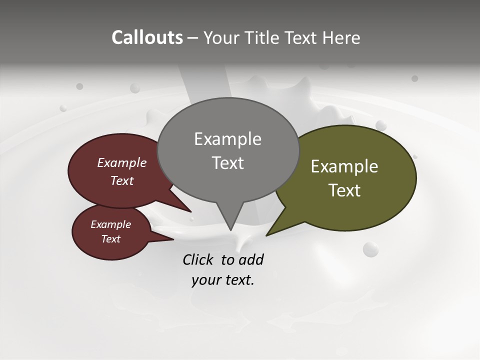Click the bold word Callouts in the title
147,37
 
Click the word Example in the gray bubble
227,139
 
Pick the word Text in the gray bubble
227,163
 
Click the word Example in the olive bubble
344,166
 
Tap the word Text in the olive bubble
344,190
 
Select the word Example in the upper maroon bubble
121,162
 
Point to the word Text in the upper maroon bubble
121,180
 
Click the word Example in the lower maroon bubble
110,224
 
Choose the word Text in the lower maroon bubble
110,239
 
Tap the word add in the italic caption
251,259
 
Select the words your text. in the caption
223,280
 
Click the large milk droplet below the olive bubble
370,249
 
